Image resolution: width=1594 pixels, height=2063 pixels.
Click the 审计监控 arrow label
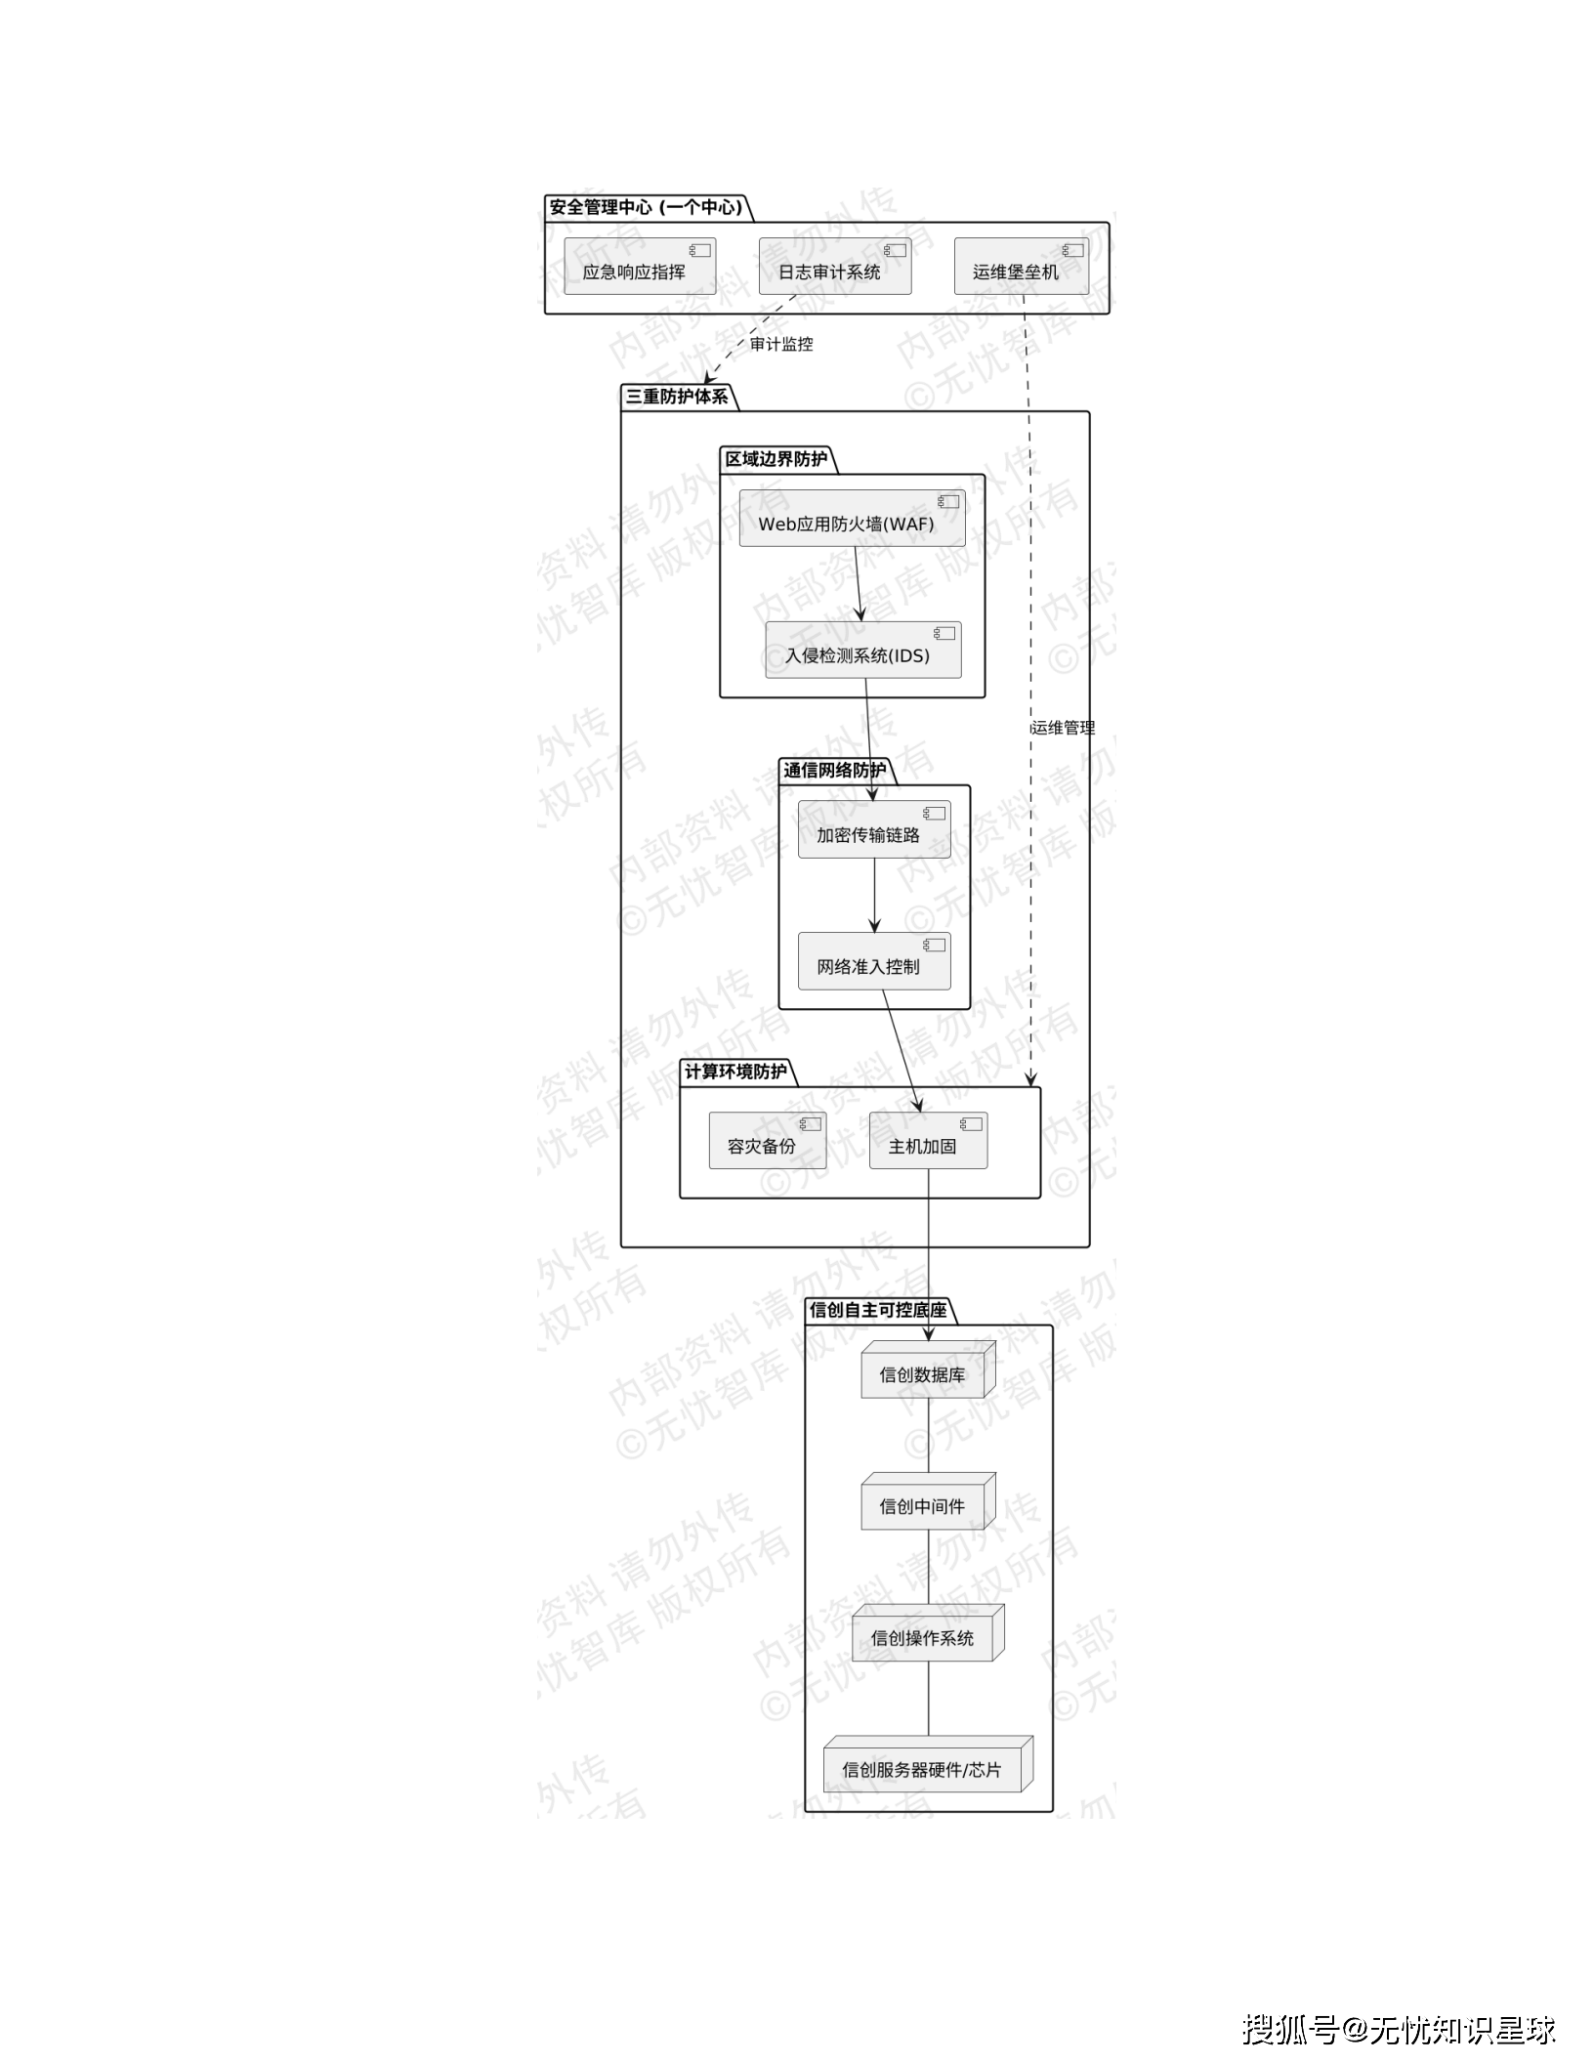pyautogui.click(x=781, y=344)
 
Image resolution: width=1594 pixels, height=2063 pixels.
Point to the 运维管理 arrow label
pyautogui.click(x=1064, y=728)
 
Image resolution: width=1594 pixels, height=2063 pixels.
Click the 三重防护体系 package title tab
pyautogui.click(x=677, y=397)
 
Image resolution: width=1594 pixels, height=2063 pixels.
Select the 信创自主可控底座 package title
pyautogui.click(x=878, y=1310)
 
